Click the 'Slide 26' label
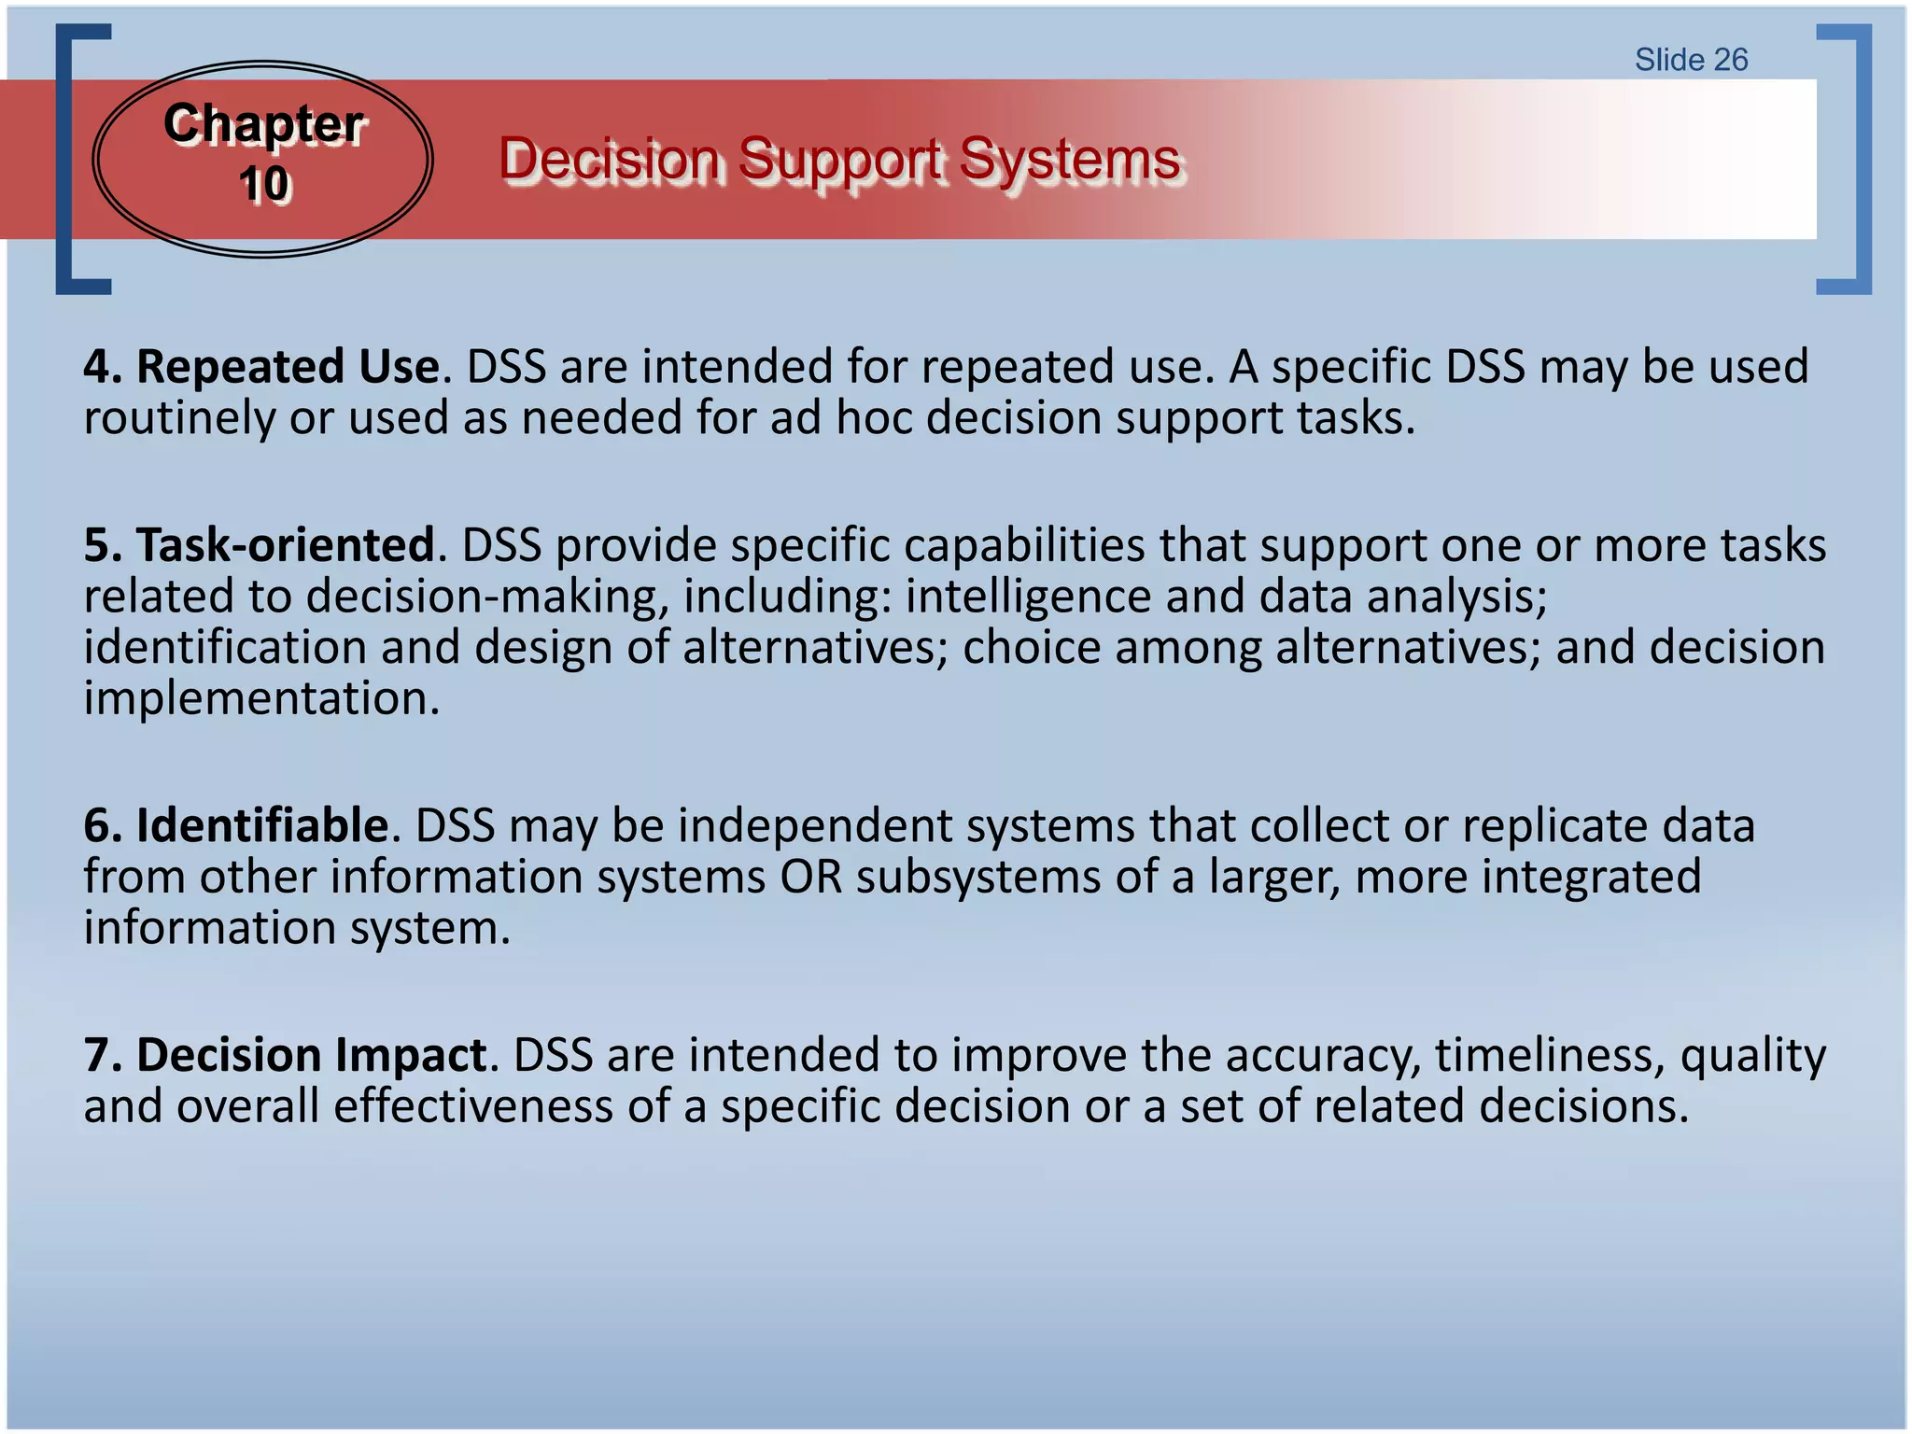click(1691, 60)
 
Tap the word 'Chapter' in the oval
click(263, 123)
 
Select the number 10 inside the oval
click(264, 183)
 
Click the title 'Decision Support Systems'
click(840, 159)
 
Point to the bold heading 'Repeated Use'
click(288, 366)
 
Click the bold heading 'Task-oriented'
click(286, 544)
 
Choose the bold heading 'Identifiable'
click(262, 825)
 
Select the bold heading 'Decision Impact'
click(312, 1055)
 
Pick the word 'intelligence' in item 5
click(1028, 597)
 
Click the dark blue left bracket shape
click(63, 159)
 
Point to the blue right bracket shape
click(1863, 159)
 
